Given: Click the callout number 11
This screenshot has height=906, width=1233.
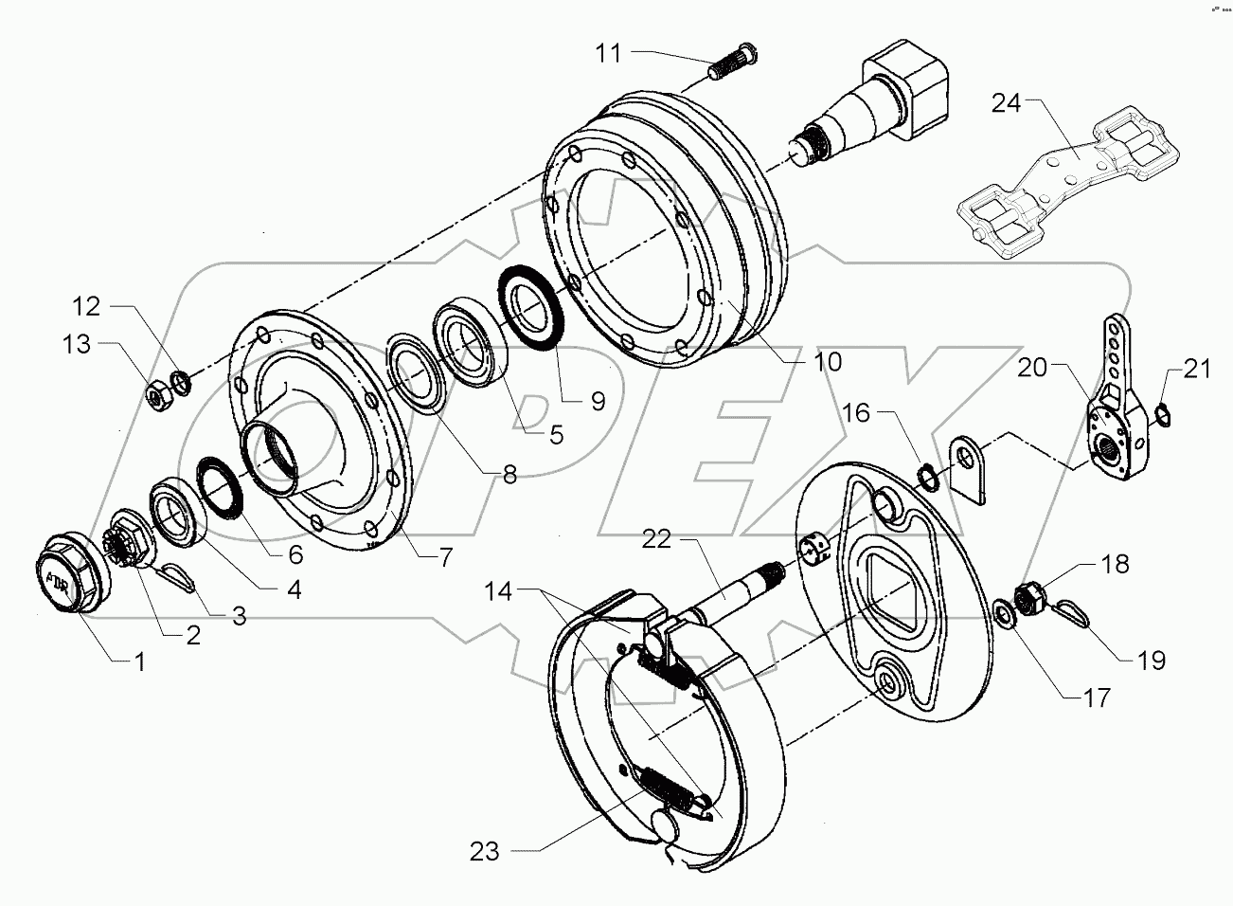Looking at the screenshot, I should [x=608, y=53].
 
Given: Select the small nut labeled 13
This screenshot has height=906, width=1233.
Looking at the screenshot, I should [x=156, y=390].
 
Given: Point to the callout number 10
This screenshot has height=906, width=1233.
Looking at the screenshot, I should [x=826, y=361].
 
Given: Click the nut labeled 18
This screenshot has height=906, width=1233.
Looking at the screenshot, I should [x=1030, y=597].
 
